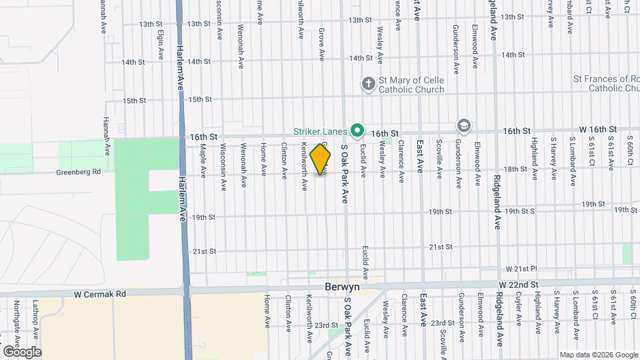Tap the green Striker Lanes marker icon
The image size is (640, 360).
click(357, 130)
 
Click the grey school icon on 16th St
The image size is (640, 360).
click(463, 125)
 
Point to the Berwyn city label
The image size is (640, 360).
click(342, 287)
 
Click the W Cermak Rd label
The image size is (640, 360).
click(100, 293)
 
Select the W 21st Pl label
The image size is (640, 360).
click(521, 269)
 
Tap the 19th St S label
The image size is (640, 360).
click(519, 211)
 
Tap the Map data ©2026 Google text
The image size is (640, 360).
click(597, 355)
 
